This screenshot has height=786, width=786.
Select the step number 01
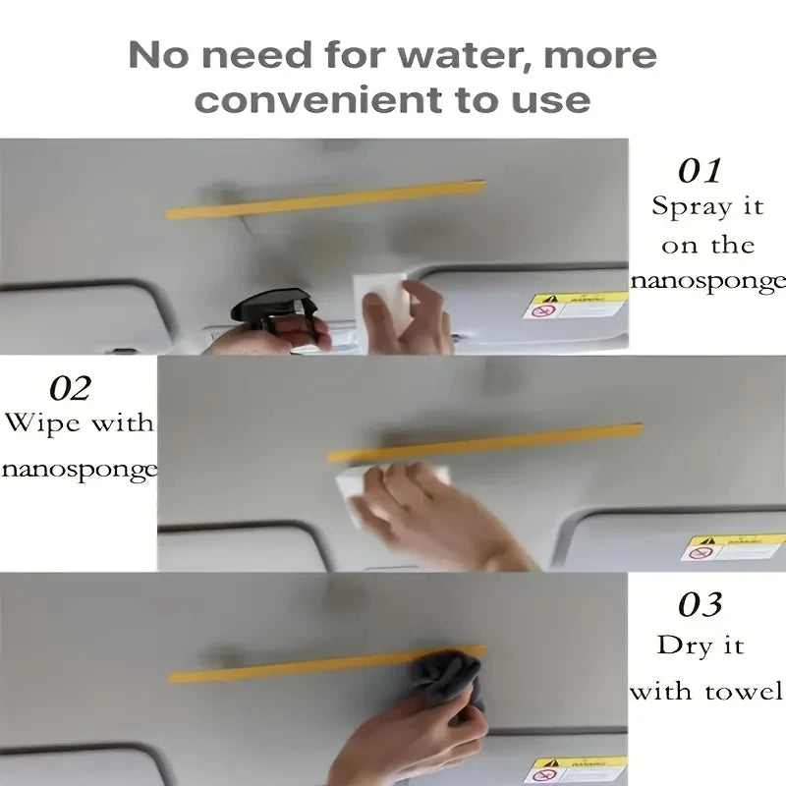[701, 170]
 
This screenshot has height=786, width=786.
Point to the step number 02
[70, 388]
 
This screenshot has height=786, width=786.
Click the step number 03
[701, 604]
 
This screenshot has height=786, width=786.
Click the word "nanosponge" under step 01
[707, 282]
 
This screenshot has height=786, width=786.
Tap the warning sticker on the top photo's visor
[574, 306]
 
